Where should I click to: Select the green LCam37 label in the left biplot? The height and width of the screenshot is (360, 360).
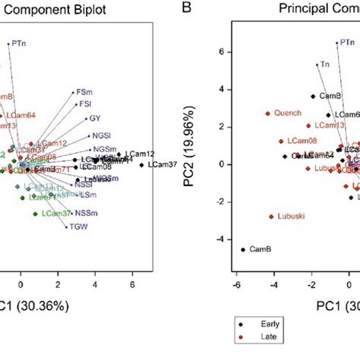(x=57, y=213)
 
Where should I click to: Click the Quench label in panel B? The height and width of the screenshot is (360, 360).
(x=286, y=114)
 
